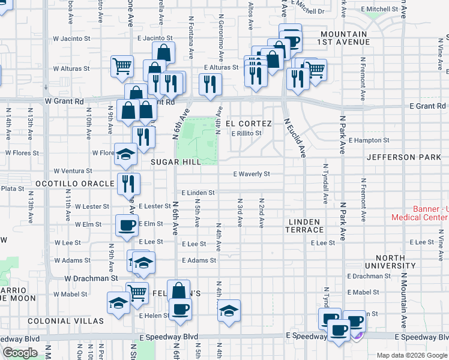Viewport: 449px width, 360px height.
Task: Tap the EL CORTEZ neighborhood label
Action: click(249, 124)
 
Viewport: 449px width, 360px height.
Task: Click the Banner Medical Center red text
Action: click(420, 214)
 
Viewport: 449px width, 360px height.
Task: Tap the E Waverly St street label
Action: click(252, 174)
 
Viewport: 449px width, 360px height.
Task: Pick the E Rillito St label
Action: click(247, 133)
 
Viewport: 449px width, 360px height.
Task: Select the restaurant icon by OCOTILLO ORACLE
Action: click(127, 182)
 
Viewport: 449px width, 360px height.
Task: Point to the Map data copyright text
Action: click(411, 355)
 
